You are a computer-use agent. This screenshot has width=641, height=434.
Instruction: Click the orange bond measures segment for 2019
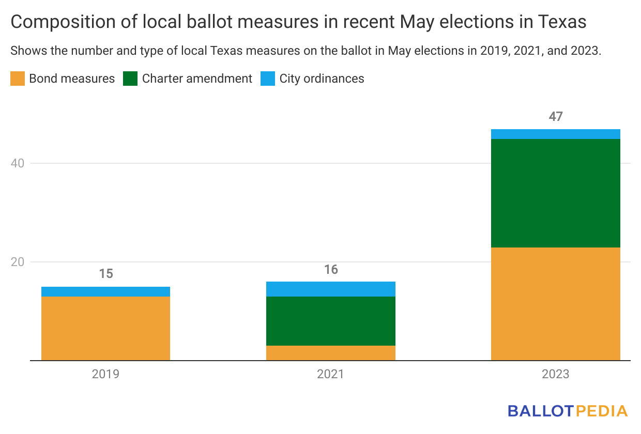(x=105, y=328)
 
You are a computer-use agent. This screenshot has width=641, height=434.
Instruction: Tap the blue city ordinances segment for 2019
(x=105, y=291)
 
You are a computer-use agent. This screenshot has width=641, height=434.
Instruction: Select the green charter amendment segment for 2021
(x=331, y=321)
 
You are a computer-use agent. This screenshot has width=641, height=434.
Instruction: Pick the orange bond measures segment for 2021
(x=331, y=353)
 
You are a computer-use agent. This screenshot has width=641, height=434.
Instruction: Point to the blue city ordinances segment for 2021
(x=331, y=289)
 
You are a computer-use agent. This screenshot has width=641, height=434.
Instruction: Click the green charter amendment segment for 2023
(x=555, y=193)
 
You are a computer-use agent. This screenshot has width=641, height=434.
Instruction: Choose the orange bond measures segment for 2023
(x=555, y=304)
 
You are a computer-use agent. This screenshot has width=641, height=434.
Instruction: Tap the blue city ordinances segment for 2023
(x=555, y=134)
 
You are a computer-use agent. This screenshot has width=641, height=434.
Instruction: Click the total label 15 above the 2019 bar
(x=105, y=274)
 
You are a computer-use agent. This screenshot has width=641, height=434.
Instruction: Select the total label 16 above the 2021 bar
(x=331, y=269)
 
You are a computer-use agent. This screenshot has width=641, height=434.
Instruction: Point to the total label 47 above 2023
(x=555, y=117)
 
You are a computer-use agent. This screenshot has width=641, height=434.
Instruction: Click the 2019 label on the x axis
(x=105, y=374)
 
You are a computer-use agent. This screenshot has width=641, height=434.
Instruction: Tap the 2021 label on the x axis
(x=331, y=374)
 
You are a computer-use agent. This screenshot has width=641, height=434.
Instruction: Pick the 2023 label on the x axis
(x=555, y=374)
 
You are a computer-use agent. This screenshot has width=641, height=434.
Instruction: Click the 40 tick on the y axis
(x=18, y=163)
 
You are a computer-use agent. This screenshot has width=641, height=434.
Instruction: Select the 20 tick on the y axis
(x=18, y=262)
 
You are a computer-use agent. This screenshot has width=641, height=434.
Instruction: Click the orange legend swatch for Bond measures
(x=17, y=79)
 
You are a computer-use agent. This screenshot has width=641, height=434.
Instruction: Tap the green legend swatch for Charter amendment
(x=130, y=79)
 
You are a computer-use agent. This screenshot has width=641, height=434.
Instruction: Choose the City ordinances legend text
(x=322, y=79)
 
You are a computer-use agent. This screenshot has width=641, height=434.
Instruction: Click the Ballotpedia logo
(x=567, y=411)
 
